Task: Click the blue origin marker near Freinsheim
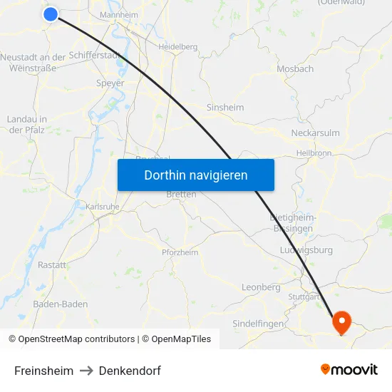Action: [x=51, y=14]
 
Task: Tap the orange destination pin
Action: [x=342, y=322]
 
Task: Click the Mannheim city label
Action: [x=119, y=15]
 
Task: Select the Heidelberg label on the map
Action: [x=177, y=46]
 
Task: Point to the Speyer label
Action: [x=110, y=83]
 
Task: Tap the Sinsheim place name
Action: [x=225, y=108]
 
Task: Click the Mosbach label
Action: [x=295, y=69]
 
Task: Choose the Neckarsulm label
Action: [x=315, y=133]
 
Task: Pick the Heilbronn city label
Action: [x=314, y=153]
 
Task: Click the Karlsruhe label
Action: [x=102, y=206]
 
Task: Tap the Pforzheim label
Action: [x=180, y=252]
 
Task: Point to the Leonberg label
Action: [x=261, y=287]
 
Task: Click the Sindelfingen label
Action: [x=258, y=324]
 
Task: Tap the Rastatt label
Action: [x=52, y=264]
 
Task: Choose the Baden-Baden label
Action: [x=61, y=304]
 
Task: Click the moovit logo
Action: [x=349, y=370]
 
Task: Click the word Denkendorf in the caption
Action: [x=130, y=371]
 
